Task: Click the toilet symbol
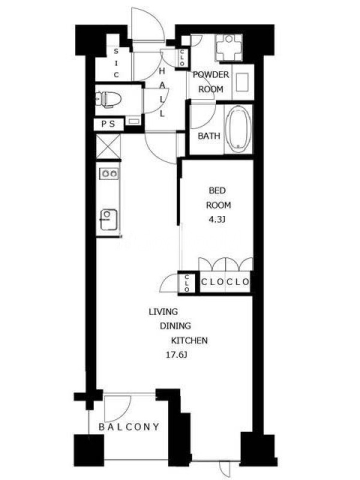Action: pos(109,99)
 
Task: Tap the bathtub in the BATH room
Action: pos(239,129)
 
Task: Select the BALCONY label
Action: pos(129,427)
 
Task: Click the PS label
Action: pos(108,124)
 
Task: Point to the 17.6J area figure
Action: pos(176,355)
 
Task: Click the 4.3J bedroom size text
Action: pos(217,220)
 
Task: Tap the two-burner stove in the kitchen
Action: pos(109,173)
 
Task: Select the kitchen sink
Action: pos(109,220)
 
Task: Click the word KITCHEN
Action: pos(189,340)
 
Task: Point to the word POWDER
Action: pos(211,74)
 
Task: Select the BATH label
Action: pos(209,136)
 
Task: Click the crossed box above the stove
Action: pos(108,146)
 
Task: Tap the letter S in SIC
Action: pos(116,52)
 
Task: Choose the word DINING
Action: pos(175,326)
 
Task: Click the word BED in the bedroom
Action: pos(217,190)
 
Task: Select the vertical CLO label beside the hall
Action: pos(182,58)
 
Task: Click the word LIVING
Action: pos(163,312)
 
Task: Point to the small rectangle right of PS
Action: pos(133,122)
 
